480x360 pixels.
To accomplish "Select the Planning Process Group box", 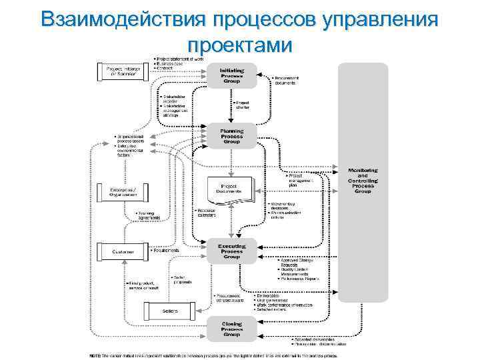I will coord(232,134).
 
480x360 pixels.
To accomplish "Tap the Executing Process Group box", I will coord(232,251).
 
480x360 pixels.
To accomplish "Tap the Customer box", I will coord(123,251).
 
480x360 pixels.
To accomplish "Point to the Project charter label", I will coord(242,105).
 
